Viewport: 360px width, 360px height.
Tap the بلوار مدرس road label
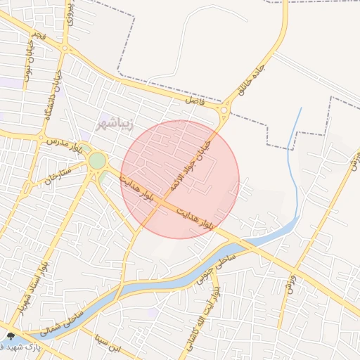click(65, 144)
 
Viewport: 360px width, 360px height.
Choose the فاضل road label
click(194, 101)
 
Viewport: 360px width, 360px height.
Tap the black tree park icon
click(10, 336)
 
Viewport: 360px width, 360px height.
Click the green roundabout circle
click(97, 161)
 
